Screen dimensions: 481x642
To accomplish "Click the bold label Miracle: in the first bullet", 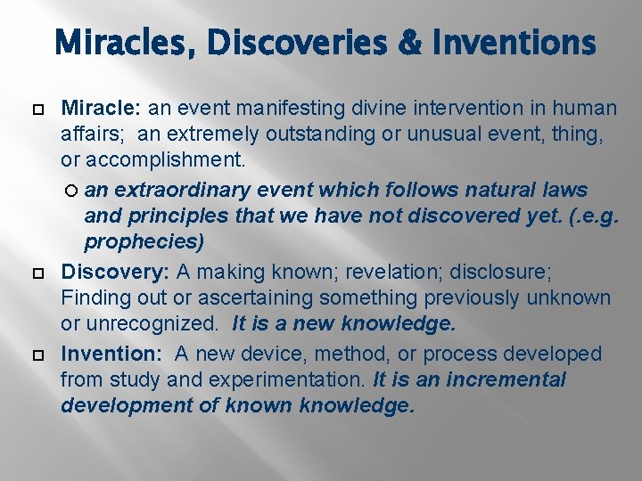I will [101, 109].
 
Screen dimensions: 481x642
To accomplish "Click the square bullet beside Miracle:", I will [37, 109].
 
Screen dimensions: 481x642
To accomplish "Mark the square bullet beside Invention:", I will [37, 355].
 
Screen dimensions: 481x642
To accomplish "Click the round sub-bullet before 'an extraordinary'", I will [71, 191].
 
